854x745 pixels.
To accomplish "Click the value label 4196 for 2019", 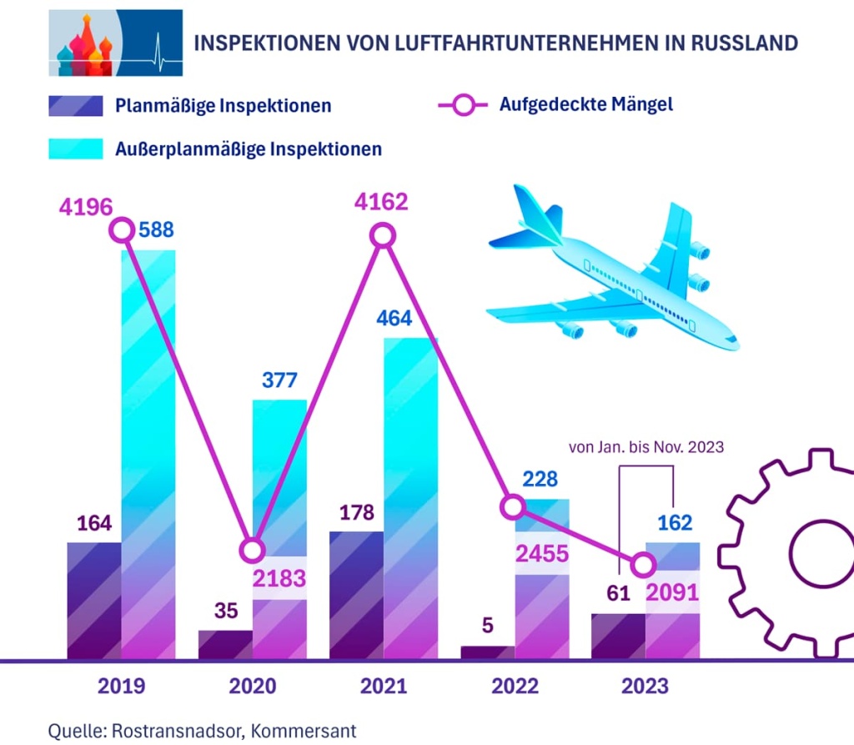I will (x=85, y=206).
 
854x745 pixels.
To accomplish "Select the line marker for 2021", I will (x=383, y=236).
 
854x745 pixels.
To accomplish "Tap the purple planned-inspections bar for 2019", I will (x=94, y=601).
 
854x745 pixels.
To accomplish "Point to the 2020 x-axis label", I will (x=252, y=686).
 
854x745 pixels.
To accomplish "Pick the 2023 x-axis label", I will (x=645, y=686).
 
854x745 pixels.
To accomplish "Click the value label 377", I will (x=280, y=380).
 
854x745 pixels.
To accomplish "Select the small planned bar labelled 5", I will (x=488, y=652).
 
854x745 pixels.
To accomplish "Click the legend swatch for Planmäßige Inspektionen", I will (x=75, y=106).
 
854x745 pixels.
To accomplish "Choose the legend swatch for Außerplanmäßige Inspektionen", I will (x=75, y=148).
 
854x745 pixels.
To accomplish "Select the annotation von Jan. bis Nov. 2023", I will (x=646, y=447).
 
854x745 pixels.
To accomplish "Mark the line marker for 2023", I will (x=642, y=566).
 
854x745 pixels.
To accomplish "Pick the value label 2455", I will (x=542, y=552).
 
